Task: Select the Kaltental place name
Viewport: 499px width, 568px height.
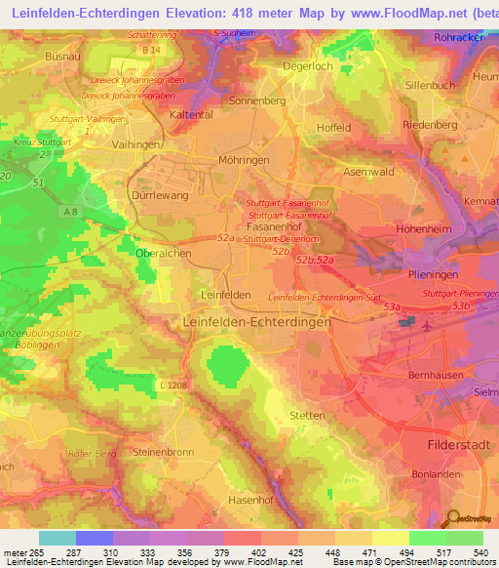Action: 192,114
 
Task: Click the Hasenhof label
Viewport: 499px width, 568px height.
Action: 226,500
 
